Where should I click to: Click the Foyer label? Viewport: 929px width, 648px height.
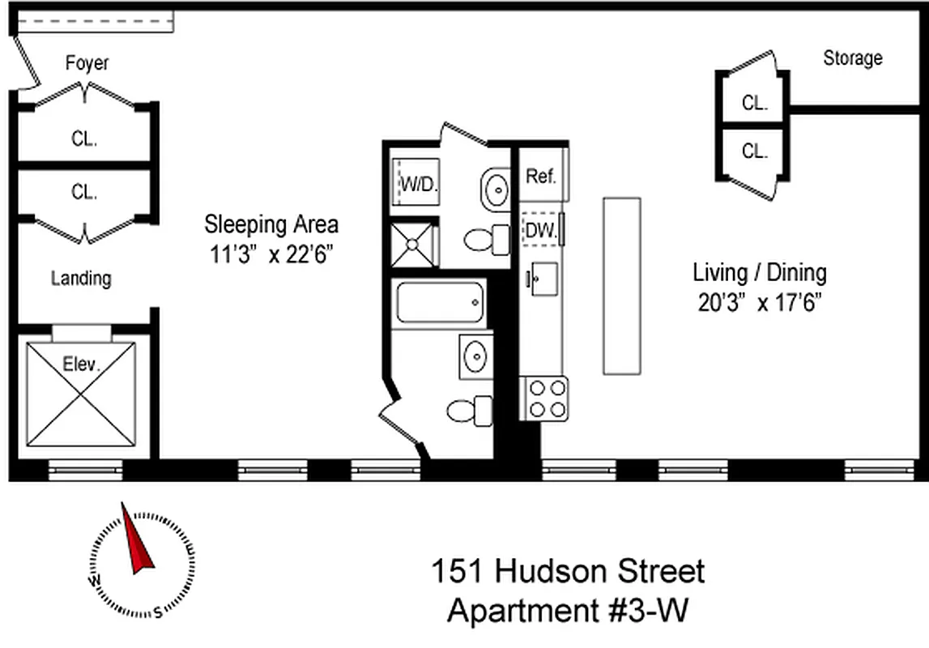pyautogui.click(x=87, y=63)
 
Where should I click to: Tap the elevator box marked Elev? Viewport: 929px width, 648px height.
pyautogui.click(x=81, y=394)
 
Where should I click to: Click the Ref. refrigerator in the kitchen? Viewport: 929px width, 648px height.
pyautogui.click(x=541, y=177)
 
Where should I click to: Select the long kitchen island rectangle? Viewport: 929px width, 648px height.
pyautogui.click(x=621, y=286)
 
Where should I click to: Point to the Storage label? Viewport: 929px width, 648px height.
pyautogui.click(x=852, y=58)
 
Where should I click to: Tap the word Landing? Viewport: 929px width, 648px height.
pyautogui.click(x=81, y=279)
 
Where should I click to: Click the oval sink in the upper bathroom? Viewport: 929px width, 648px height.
pyautogui.click(x=495, y=189)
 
